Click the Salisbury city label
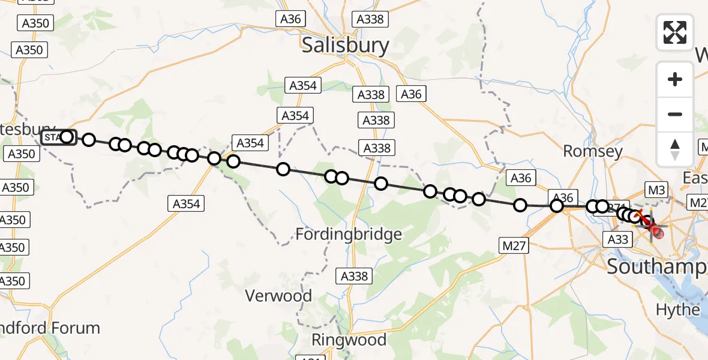(x=345, y=45)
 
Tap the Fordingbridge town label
(x=349, y=234)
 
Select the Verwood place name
(x=279, y=295)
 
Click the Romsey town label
(x=593, y=151)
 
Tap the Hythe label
(x=678, y=310)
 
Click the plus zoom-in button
(x=675, y=79)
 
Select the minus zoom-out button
(x=675, y=114)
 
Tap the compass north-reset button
(x=675, y=149)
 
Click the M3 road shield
(x=657, y=190)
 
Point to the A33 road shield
(x=617, y=240)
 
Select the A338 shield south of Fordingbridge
(x=353, y=276)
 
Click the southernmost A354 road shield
(x=186, y=204)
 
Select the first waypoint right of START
(x=89, y=140)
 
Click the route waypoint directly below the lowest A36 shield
(x=557, y=206)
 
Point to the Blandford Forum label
(x=50, y=328)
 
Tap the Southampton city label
(x=657, y=267)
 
